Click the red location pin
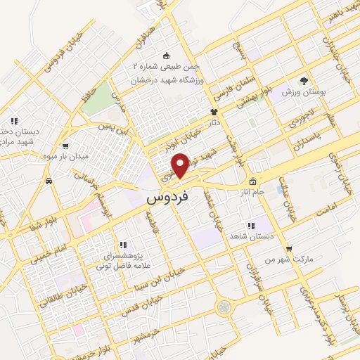click(181, 165)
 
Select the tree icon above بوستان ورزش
click(303, 81)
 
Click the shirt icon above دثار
click(214, 112)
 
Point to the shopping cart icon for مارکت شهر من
click(289, 248)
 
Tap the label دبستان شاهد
click(247, 236)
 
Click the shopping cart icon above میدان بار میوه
click(65, 146)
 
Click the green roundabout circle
click(224, 307)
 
